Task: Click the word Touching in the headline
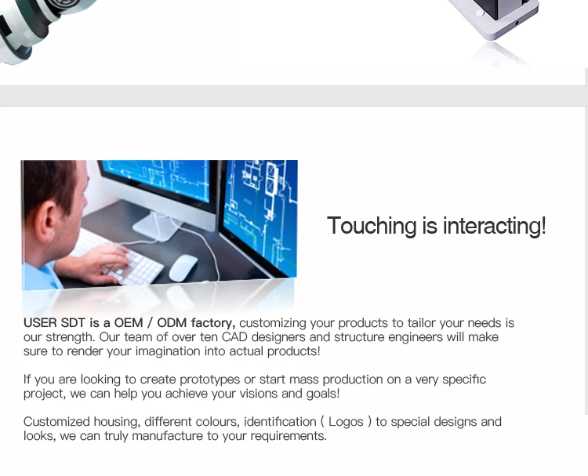(x=372, y=226)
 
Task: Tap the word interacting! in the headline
(x=494, y=226)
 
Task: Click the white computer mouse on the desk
(x=183, y=267)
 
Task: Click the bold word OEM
(x=129, y=323)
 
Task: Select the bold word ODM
(x=172, y=323)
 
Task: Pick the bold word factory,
(x=213, y=323)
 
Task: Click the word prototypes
(x=209, y=380)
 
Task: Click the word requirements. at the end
(x=289, y=436)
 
